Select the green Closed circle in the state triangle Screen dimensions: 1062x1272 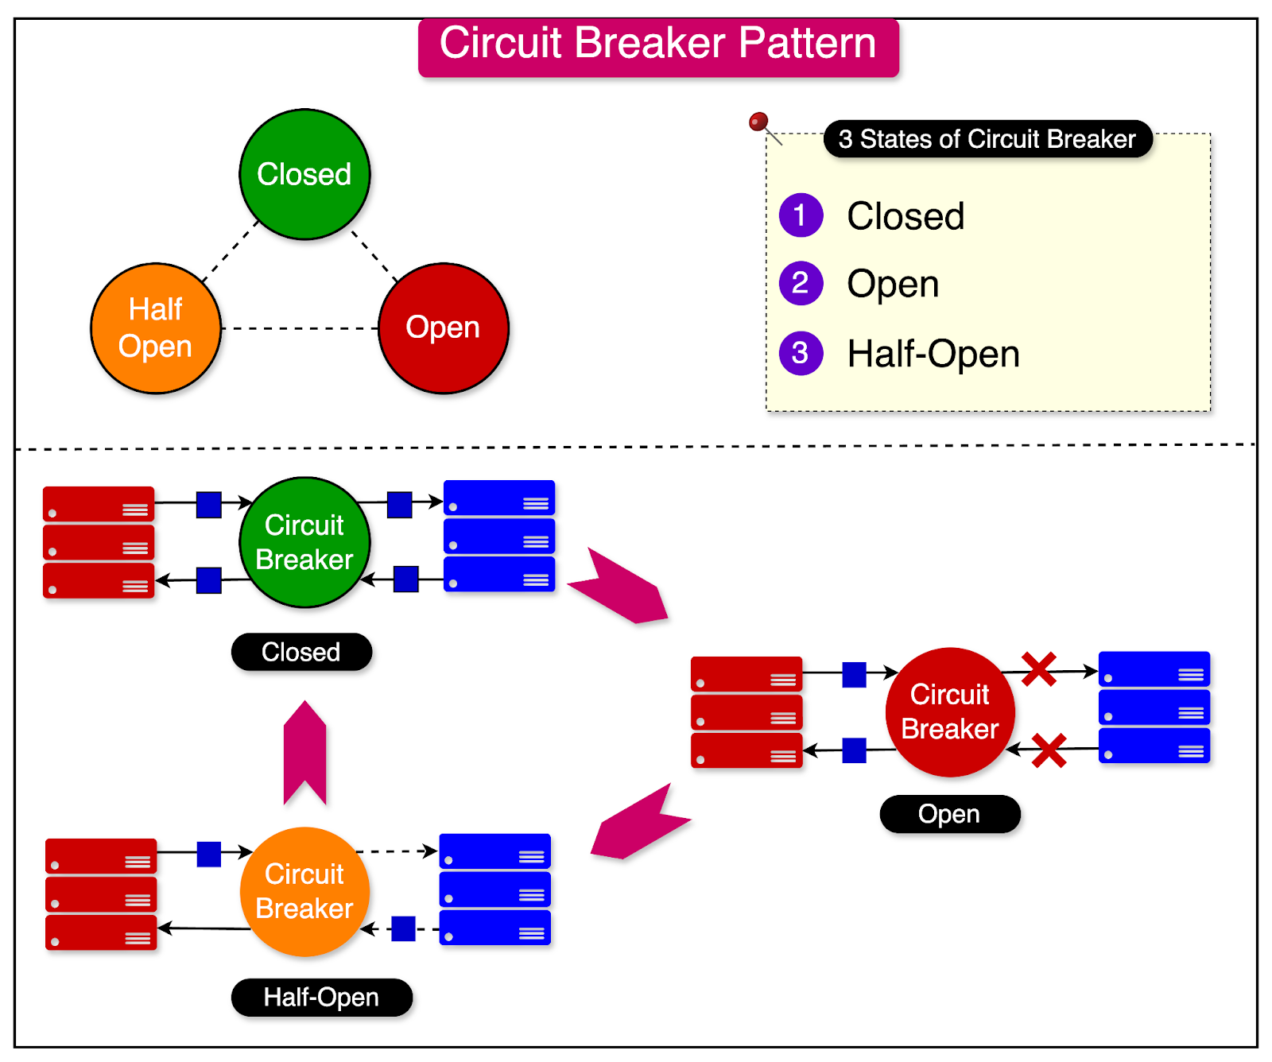click(304, 174)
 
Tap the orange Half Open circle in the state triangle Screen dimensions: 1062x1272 click(156, 328)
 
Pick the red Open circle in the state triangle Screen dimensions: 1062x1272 click(443, 328)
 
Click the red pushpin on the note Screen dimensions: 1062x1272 click(758, 122)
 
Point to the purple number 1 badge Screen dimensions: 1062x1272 click(801, 215)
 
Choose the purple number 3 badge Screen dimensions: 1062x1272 click(801, 353)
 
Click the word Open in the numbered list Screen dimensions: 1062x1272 click(893, 284)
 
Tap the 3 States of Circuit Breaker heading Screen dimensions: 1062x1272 click(987, 139)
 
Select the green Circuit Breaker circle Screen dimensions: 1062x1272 click(304, 542)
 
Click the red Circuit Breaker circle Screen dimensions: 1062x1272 click(950, 711)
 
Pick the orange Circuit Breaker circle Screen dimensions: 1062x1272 click(304, 891)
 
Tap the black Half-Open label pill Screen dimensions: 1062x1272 click(321, 997)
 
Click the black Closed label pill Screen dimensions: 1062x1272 click(301, 652)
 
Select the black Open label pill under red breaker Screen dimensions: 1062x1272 click(949, 814)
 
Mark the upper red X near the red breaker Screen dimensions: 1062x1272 click(1038, 669)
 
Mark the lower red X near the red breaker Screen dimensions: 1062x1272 click(1049, 750)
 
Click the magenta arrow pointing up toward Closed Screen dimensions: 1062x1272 click(305, 751)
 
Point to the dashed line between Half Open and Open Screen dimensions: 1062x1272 click(300, 328)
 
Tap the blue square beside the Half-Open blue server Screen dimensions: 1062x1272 click(404, 928)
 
